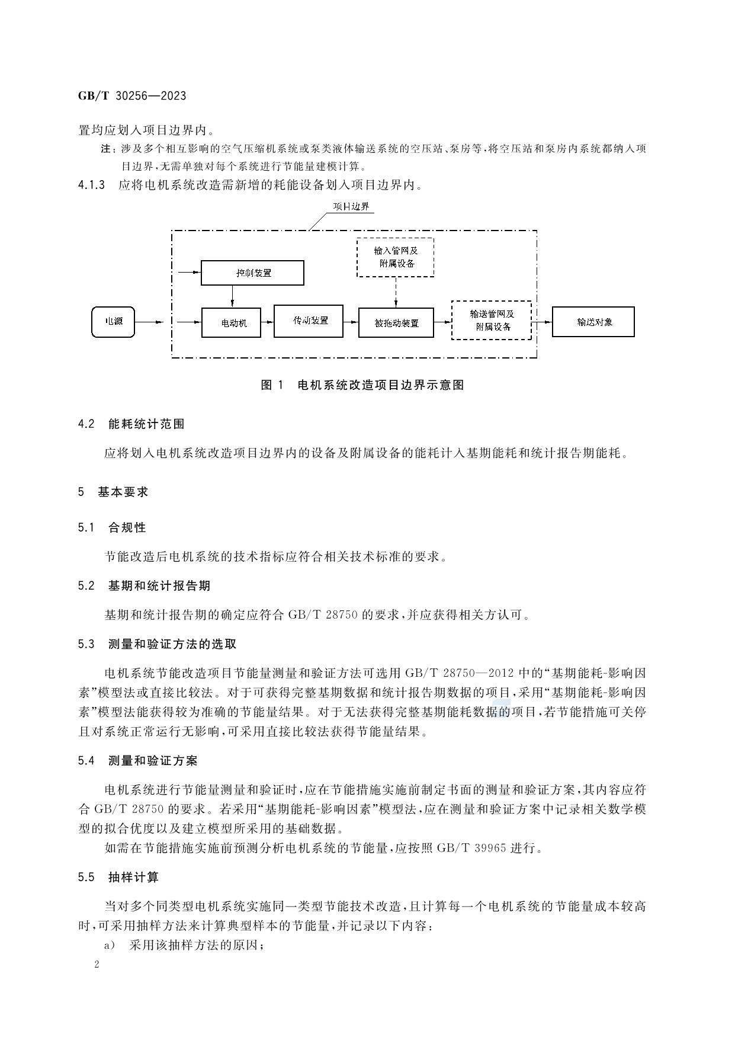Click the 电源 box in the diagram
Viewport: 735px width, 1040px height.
(113, 322)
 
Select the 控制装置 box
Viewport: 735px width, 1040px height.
(252, 273)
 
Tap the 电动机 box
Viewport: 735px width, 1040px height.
(231, 323)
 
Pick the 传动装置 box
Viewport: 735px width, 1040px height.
(309, 321)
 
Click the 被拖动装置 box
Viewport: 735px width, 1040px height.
(396, 323)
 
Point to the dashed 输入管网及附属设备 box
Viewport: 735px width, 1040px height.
(395, 257)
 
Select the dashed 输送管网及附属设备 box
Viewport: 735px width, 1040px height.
(491, 320)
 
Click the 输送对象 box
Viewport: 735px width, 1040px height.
(593, 322)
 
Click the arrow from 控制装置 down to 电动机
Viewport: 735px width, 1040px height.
(232, 296)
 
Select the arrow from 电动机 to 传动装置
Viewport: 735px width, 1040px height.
(267, 322)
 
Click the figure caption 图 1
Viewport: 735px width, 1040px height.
(272, 385)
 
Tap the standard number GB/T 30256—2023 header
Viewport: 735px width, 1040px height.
(132, 96)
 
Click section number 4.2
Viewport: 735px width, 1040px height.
(86, 424)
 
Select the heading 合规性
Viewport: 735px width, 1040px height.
(127, 527)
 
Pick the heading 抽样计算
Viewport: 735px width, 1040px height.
(133, 877)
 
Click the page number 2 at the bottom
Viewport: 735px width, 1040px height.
(97, 964)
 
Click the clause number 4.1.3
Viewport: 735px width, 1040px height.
(91, 185)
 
